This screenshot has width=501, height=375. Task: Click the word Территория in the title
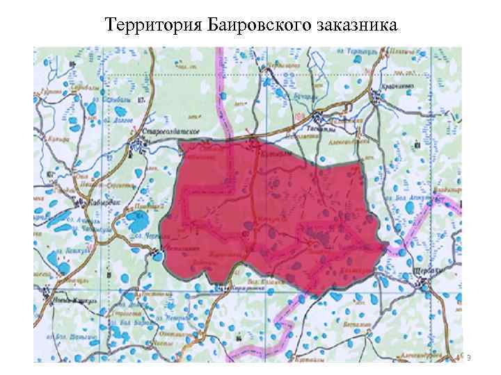(x=150, y=26)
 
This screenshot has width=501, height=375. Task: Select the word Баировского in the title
(x=255, y=26)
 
